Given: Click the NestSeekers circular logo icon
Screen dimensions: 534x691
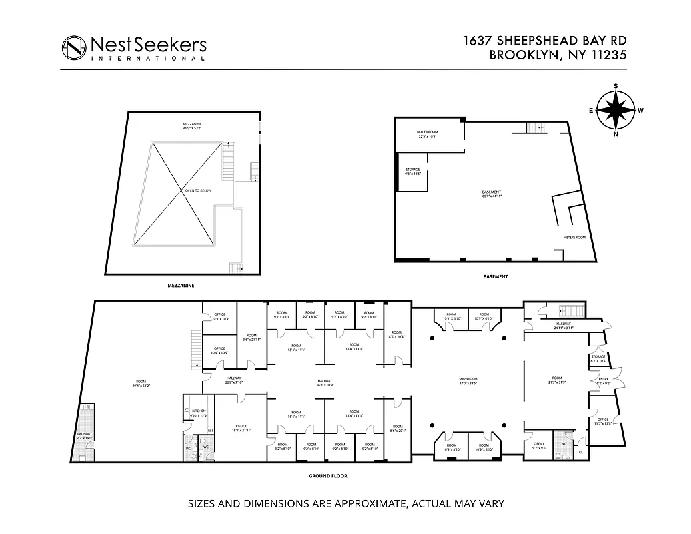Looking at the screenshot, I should [x=75, y=48].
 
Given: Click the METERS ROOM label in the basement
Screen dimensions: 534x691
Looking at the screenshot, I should [x=574, y=238].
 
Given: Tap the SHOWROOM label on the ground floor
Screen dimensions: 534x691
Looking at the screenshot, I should [x=469, y=380].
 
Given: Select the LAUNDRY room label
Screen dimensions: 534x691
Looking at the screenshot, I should [x=84, y=434].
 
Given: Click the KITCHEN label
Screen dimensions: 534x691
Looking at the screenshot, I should [x=199, y=411].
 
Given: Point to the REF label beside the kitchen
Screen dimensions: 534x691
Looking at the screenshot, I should [x=210, y=430].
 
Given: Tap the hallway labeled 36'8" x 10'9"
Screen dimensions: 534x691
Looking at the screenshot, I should [x=325, y=382].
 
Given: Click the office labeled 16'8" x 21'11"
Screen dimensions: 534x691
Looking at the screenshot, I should [x=241, y=428].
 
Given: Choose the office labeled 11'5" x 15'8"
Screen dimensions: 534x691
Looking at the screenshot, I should [x=602, y=421].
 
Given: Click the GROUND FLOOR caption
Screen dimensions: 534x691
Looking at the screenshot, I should [x=327, y=477].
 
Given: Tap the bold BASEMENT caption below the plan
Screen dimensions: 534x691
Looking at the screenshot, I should [x=495, y=276].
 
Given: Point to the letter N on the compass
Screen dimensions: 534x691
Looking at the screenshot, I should [x=615, y=133].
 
